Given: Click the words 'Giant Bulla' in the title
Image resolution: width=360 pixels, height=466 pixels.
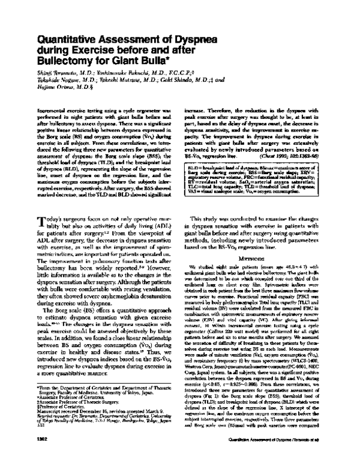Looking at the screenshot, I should [143, 61].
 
